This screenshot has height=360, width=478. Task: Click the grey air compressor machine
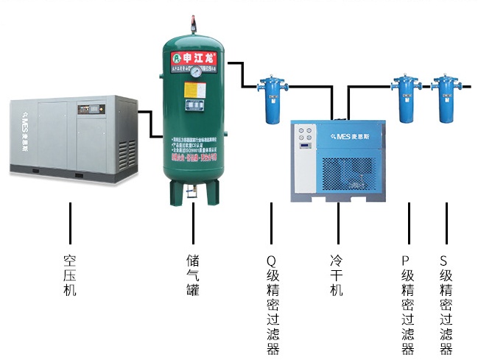coord(72,140)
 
